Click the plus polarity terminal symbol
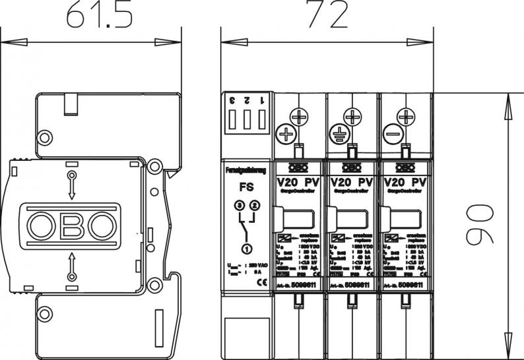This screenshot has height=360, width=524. click(286, 135)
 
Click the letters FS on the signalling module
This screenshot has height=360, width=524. click(244, 187)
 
